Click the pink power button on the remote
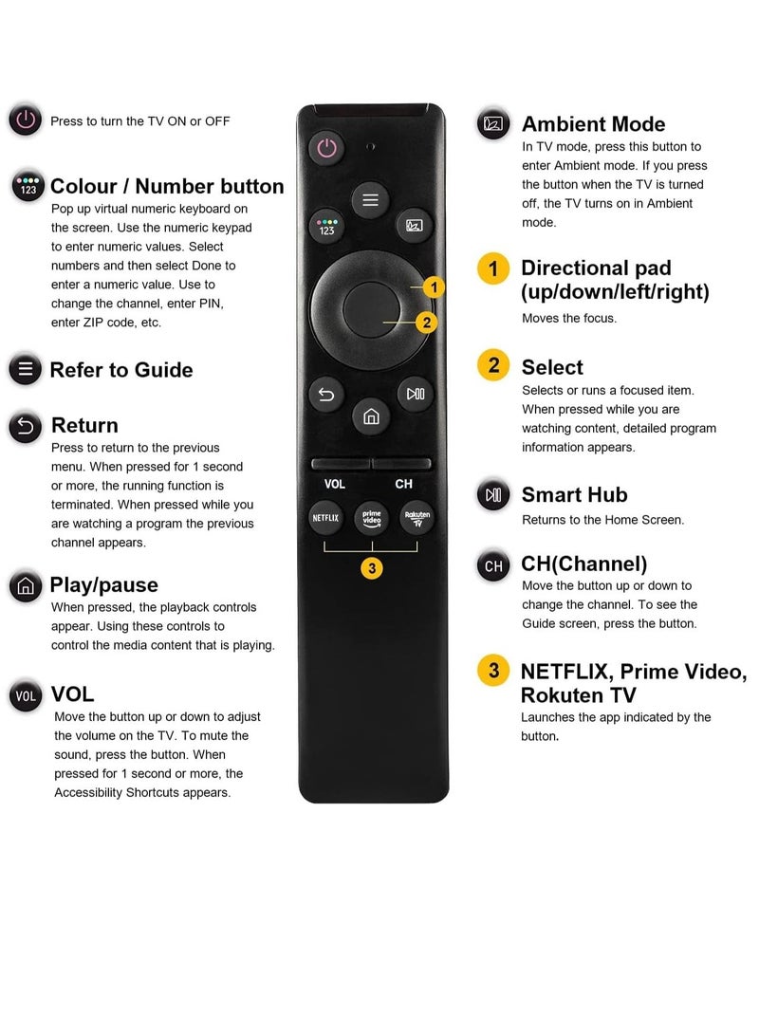pyautogui.click(x=326, y=147)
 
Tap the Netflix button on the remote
pyautogui.click(x=325, y=518)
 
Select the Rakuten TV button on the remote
pyautogui.click(x=417, y=518)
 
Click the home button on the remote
pyautogui.click(x=371, y=416)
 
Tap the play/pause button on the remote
pyautogui.click(x=416, y=394)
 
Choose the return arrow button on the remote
pyautogui.click(x=325, y=394)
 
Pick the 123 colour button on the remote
pyautogui.click(x=326, y=226)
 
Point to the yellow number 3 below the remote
pyautogui.click(x=372, y=568)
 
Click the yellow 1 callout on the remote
pyautogui.click(x=433, y=286)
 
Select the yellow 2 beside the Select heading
pyautogui.click(x=493, y=365)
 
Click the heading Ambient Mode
pyautogui.click(x=593, y=124)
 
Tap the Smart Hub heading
pyautogui.click(x=574, y=494)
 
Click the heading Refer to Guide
pyautogui.click(x=120, y=370)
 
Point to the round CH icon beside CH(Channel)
pyautogui.click(x=493, y=566)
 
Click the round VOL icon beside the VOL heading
pyautogui.click(x=26, y=696)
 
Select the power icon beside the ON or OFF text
pyautogui.click(x=26, y=120)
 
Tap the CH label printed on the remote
pyautogui.click(x=404, y=484)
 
